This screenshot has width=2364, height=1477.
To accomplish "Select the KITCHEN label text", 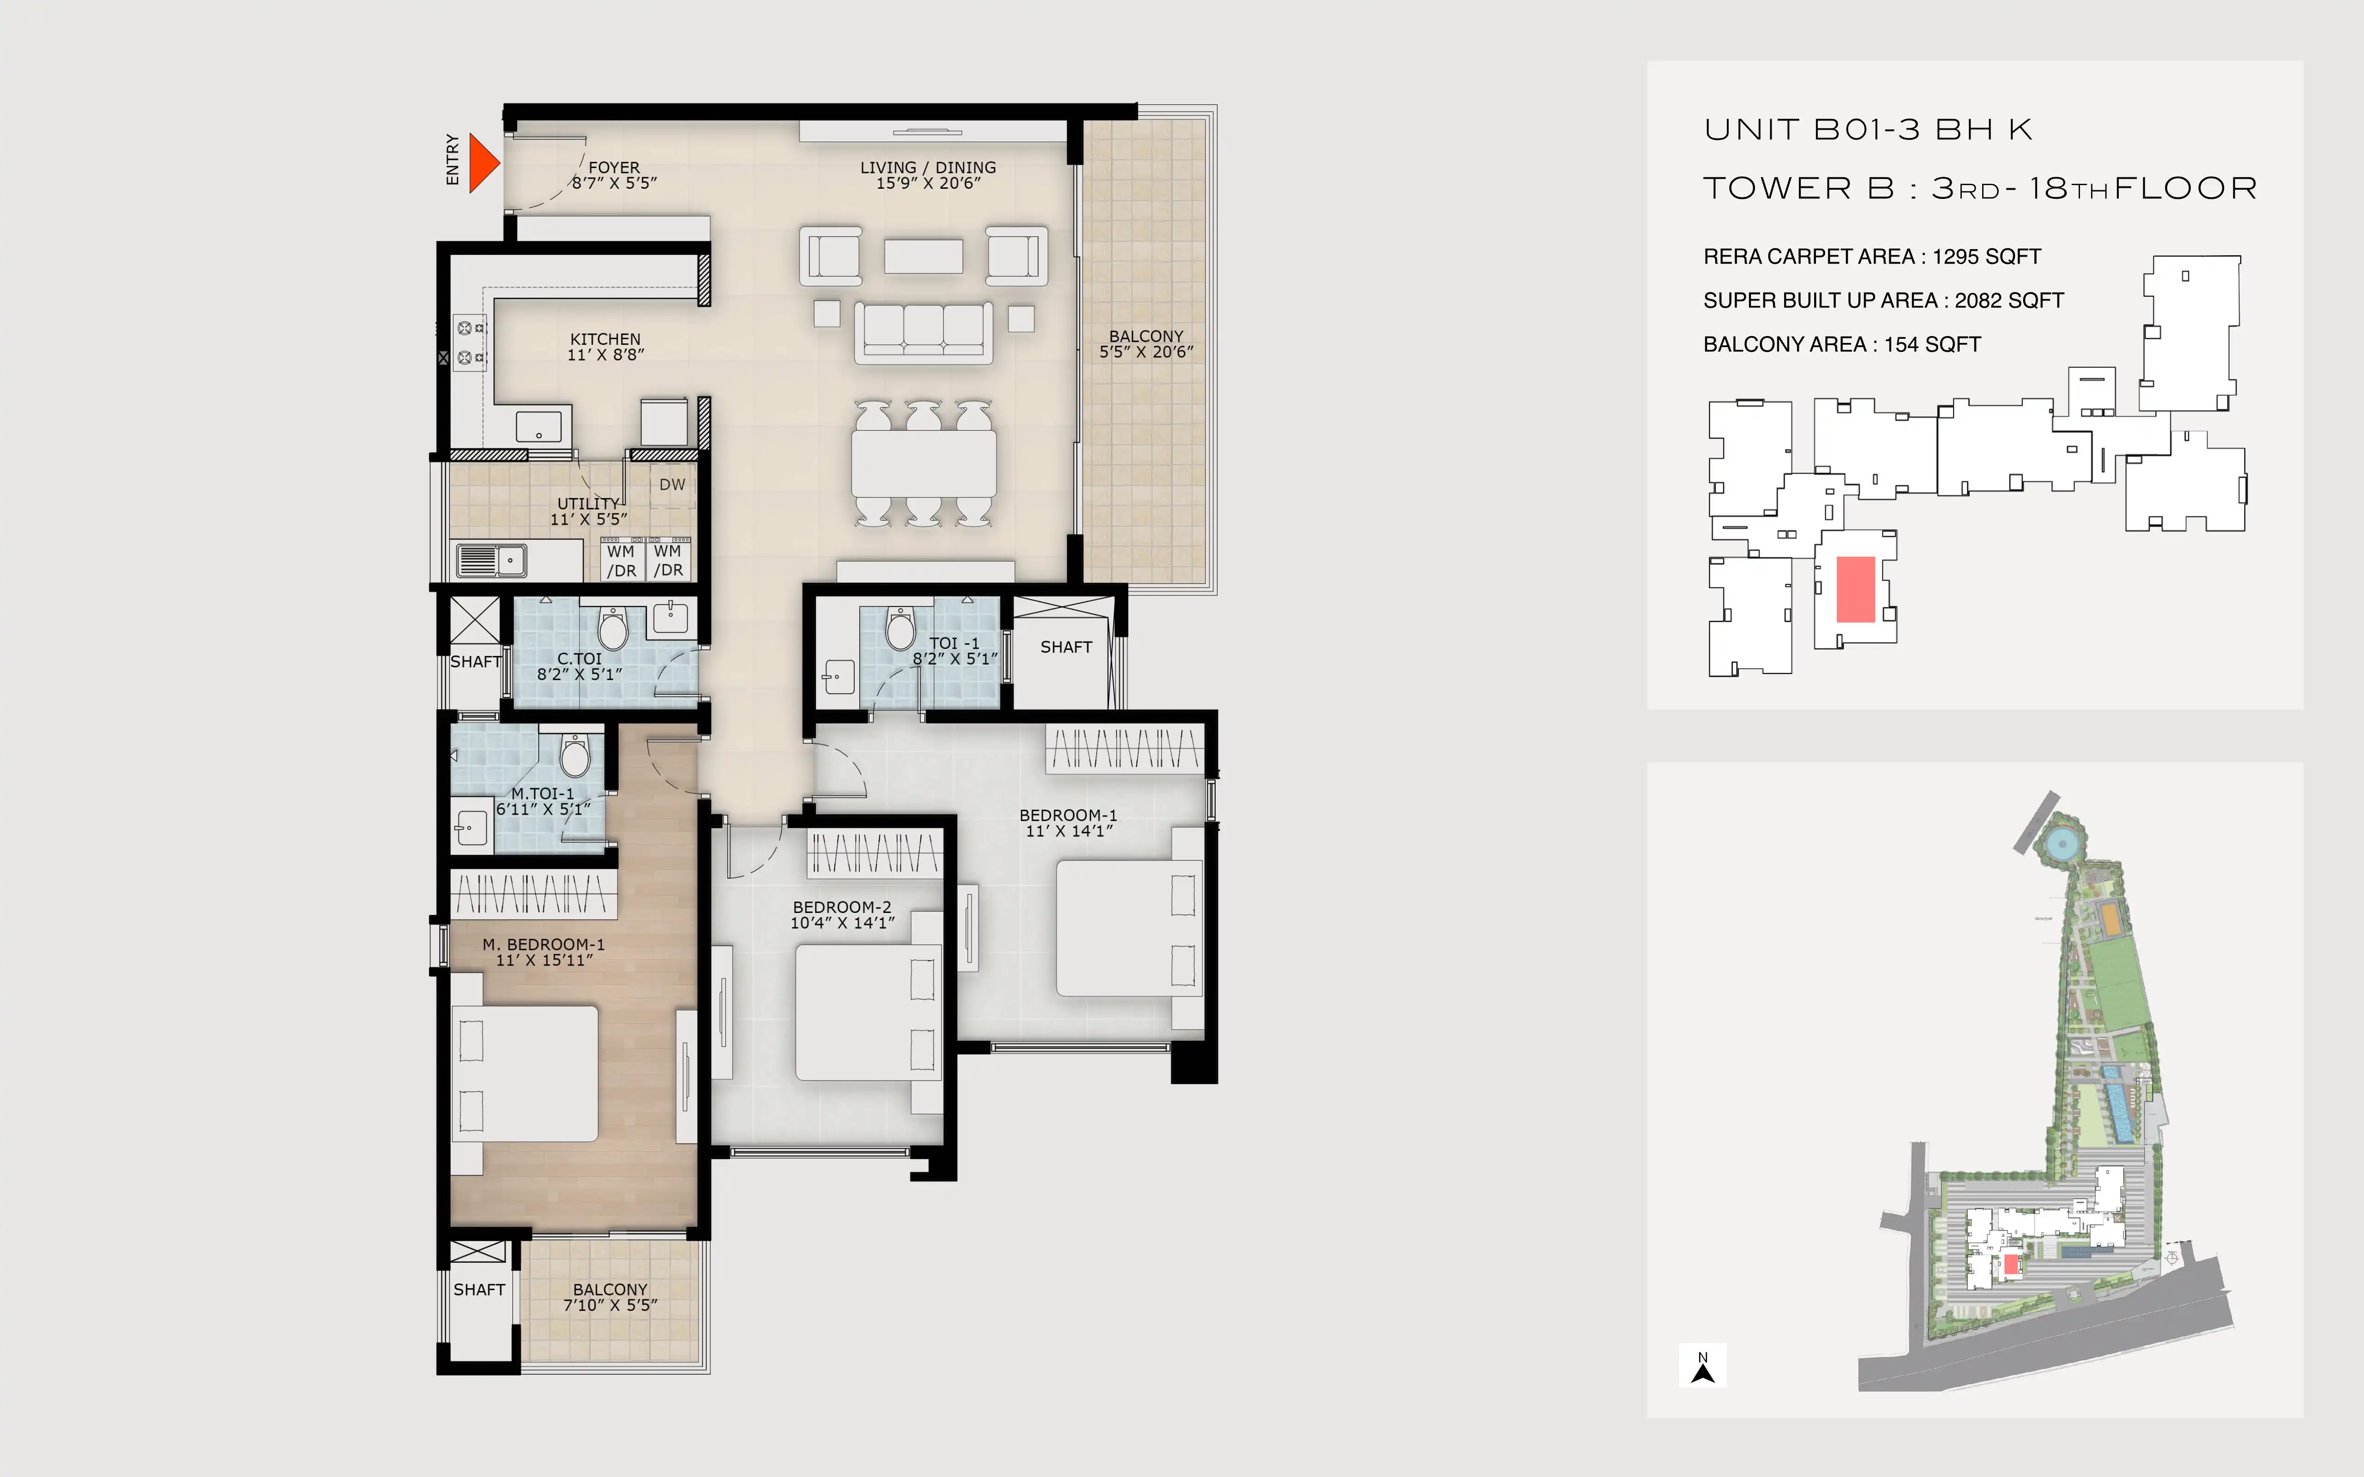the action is pos(606,339).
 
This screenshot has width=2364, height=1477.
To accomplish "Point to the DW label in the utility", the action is pos(672,485).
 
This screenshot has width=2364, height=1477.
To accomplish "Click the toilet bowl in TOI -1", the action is pos(900,628).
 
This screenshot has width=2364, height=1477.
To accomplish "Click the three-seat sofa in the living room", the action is pos(923,332).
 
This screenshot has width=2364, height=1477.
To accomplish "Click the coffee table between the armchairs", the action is pos(923,256).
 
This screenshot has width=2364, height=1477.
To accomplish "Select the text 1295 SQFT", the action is pos(1987,257).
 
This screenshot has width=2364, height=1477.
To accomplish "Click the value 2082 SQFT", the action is pos(2009,301).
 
